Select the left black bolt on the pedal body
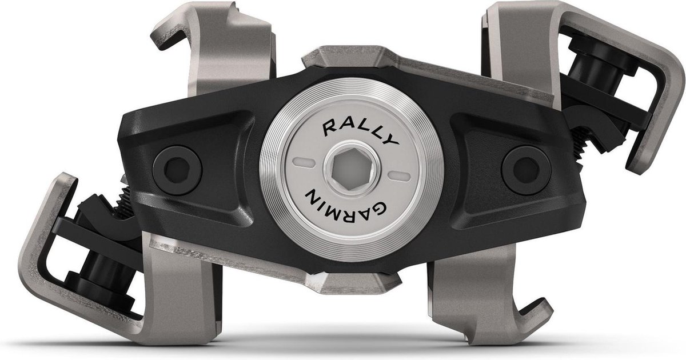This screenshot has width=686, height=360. [x=177, y=170]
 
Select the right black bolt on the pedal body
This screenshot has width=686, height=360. [x=526, y=170]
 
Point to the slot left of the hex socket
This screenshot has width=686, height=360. [x=303, y=162]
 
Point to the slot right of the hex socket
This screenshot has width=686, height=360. [x=399, y=177]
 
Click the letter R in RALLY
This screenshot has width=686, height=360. [x=330, y=128]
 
